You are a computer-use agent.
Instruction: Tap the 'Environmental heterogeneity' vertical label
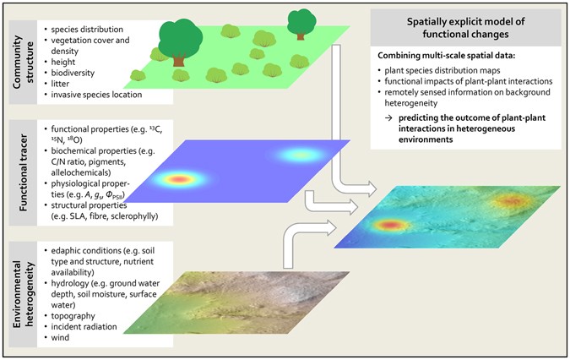point(19,292)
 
